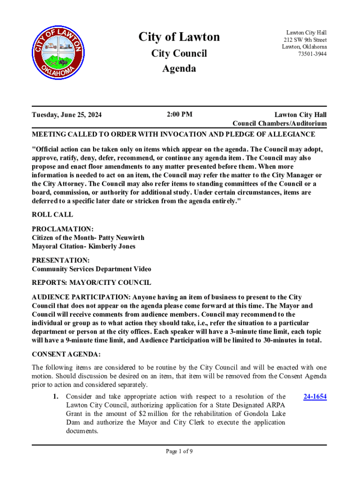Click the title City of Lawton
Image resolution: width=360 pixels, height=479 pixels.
179,37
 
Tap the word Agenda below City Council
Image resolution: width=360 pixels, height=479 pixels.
179,69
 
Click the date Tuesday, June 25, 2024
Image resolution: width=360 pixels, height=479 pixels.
67,115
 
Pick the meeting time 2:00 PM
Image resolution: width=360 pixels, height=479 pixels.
180,114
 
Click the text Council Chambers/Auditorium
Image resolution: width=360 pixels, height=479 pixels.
280,123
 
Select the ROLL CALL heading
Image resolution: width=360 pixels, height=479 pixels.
52,215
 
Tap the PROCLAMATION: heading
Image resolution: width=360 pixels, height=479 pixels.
63,229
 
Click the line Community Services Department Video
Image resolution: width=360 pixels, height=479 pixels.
91,269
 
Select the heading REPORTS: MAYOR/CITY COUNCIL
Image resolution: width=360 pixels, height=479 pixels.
91,283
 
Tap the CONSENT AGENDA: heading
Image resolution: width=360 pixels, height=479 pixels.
66,354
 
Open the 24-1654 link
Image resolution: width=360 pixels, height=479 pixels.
315,397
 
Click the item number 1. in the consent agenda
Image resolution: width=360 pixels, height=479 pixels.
55,397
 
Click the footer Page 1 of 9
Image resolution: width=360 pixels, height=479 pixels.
180,451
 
